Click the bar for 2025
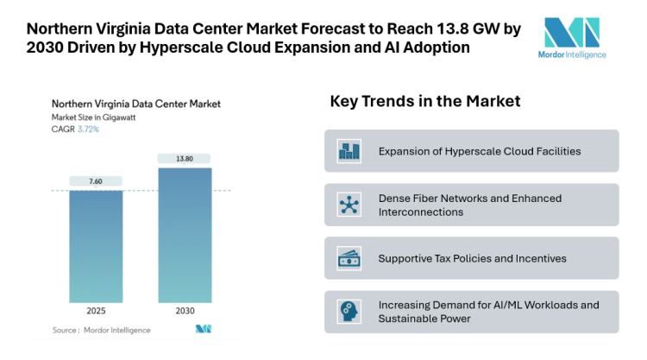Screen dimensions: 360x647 pyautogui.click(x=96, y=245)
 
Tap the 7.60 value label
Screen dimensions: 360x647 pyautogui.click(x=96, y=181)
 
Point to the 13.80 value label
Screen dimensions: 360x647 pyautogui.click(x=184, y=159)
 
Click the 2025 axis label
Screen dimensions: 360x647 pyautogui.click(x=96, y=311)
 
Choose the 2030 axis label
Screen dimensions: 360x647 pyautogui.click(x=184, y=311)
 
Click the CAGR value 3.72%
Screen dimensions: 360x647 pyautogui.click(x=88, y=129)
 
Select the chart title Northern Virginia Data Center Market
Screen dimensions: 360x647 pyautogui.click(x=135, y=104)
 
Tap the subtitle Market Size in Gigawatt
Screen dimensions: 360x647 pyautogui.click(x=95, y=117)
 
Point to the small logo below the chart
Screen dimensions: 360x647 pyautogui.click(x=204, y=329)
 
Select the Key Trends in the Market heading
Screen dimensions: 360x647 pyautogui.click(x=424, y=102)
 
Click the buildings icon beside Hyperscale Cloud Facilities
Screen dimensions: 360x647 pyautogui.click(x=349, y=151)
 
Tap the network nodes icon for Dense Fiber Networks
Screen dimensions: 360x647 pyautogui.click(x=349, y=205)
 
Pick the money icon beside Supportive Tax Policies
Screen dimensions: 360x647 pyautogui.click(x=349, y=258)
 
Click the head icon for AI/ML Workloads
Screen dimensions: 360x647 pyautogui.click(x=349, y=312)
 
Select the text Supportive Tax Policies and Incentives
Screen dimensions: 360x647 pyautogui.click(x=473, y=258)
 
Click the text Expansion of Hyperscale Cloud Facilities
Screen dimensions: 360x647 pyautogui.click(x=479, y=151)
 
